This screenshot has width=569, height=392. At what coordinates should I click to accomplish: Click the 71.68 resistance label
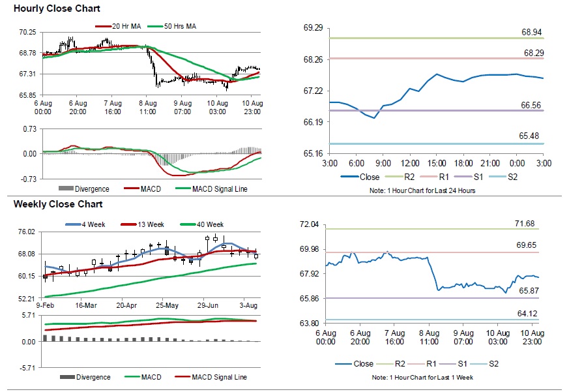525,224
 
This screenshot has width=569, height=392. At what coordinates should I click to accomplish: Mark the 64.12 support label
525,314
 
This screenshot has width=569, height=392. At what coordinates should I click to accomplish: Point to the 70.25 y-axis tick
27,32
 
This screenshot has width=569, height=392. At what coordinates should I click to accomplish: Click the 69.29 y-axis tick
314,28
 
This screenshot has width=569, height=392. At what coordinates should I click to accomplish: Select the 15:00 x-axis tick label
437,162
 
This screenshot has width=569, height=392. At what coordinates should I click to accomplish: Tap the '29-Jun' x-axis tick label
207,305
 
